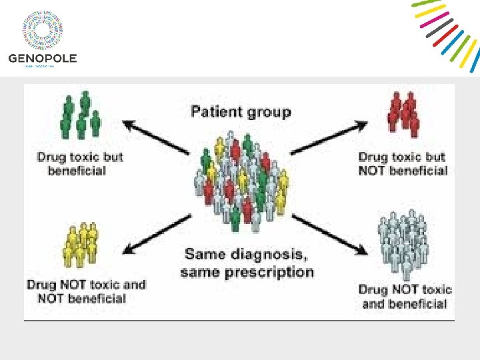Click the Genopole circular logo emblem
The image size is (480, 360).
click(x=42, y=29)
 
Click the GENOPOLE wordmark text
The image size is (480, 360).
click(x=42, y=58)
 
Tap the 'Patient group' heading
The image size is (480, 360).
click(x=241, y=111)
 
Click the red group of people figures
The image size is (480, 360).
click(x=403, y=114)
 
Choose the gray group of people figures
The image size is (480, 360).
click(x=402, y=244)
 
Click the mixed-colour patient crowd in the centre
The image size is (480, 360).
click(x=241, y=180)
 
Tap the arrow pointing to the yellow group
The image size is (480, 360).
click(x=157, y=233)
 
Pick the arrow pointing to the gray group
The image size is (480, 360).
click(x=330, y=234)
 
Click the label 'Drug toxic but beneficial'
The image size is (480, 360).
click(x=80, y=164)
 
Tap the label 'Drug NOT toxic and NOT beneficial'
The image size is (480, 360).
click(x=85, y=291)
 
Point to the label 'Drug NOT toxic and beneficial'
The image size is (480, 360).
click(x=405, y=297)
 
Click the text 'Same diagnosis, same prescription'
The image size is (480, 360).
click(x=247, y=263)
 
